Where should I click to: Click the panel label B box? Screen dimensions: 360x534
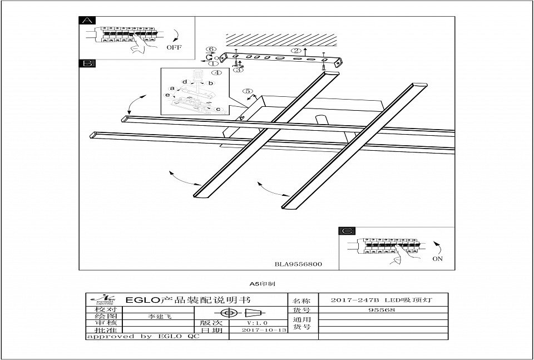coord(87,63)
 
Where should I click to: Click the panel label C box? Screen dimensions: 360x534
coord(347,231)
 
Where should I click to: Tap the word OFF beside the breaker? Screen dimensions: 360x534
coord(174,48)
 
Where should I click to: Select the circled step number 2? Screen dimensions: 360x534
coord(296,51)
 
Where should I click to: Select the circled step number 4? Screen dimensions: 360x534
coord(216,72)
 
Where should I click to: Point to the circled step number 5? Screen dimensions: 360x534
coord(248,91)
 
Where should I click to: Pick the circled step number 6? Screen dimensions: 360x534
coord(211,50)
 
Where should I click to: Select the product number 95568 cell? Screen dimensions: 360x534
coord(382,310)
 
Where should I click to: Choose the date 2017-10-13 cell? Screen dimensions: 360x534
coord(265,330)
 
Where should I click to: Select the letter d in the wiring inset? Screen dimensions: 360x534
coord(184,82)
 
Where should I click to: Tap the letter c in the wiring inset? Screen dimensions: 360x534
coord(218,109)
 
